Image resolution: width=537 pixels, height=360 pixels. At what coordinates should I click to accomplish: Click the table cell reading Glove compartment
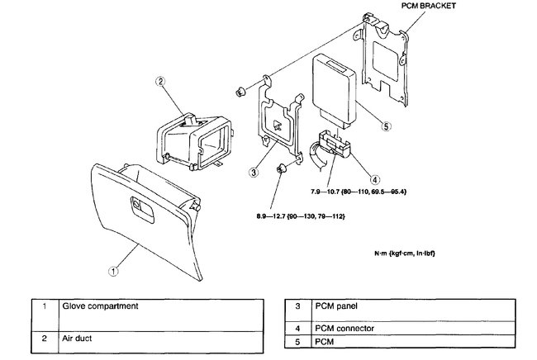pyautogui.click(x=100, y=306)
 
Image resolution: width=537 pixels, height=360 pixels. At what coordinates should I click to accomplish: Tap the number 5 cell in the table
pyautogui.click(x=297, y=341)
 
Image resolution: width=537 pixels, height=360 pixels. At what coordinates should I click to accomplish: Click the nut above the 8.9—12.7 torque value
pyautogui.click(x=283, y=168)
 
